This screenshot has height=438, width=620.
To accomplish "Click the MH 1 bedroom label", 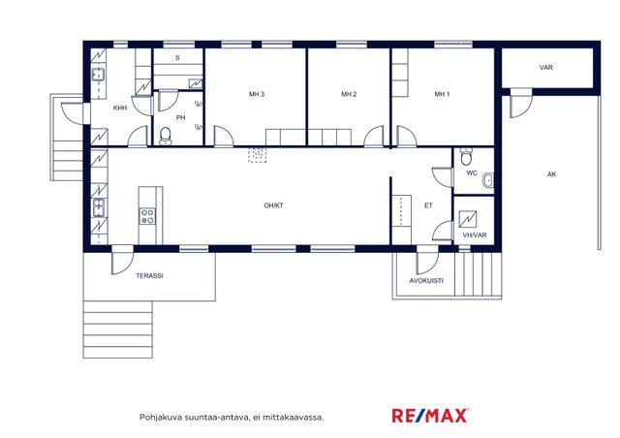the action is coord(442,94).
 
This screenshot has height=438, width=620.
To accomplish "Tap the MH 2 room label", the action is coord(349,94).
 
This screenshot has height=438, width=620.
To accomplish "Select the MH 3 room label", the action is coord(257,94).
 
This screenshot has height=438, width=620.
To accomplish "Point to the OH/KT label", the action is coord(273,205).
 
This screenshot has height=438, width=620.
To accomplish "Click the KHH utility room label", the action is coord(120,108).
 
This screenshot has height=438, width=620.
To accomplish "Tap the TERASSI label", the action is coord(149,276).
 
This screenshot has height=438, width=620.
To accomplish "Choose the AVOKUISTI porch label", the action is coord(426,280).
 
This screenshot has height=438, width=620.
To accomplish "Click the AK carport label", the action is coord(551,174).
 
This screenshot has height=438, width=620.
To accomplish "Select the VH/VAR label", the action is coord(475,235).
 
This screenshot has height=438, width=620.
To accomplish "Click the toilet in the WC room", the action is coord(467,157).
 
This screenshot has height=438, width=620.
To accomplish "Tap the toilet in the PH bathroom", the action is coord(166,136).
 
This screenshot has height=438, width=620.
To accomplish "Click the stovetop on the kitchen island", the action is coord(147,216).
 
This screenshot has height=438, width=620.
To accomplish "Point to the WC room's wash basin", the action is coord(488,181).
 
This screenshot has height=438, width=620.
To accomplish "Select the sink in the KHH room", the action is coord(99,74).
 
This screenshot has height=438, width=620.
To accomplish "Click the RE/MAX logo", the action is coord(430,416).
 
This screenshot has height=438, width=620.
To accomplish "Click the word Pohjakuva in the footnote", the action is coord(155,417).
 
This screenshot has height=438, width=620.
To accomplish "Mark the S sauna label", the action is coord(177,58).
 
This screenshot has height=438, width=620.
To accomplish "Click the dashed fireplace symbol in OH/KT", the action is coord(257,155).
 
